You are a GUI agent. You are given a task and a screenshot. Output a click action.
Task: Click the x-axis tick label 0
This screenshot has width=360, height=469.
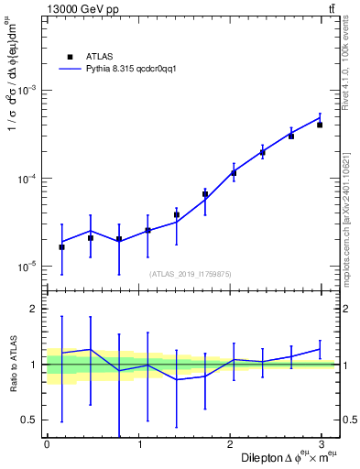click(x=47, y=444)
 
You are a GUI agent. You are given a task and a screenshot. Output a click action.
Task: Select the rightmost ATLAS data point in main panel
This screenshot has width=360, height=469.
click(x=320, y=125)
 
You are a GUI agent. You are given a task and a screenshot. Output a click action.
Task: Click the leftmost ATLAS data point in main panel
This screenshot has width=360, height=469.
click(x=61, y=247)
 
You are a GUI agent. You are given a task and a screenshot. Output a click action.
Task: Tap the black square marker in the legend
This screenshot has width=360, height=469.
click(x=69, y=55)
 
